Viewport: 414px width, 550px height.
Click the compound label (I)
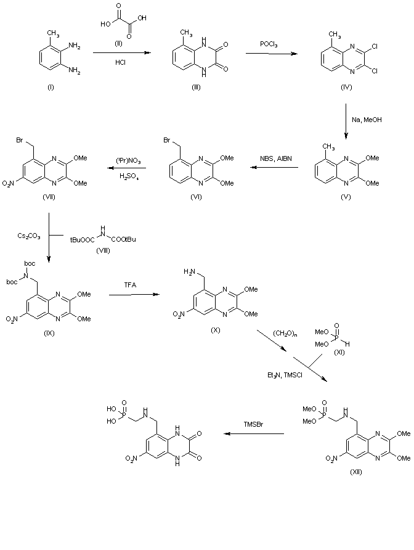(51, 88)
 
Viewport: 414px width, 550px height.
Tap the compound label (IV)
(347, 88)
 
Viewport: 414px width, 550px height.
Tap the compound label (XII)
(356, 472)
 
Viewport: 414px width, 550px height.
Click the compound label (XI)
(339, 351)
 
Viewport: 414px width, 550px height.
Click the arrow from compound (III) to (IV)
(269, 54)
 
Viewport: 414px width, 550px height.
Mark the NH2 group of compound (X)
(189, 271)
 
